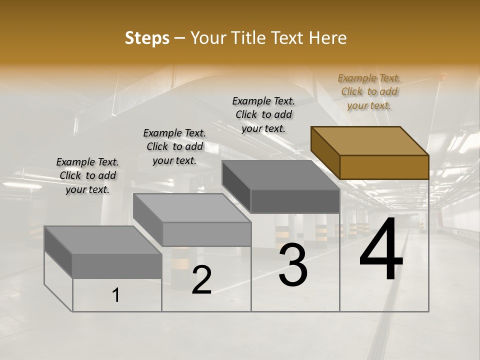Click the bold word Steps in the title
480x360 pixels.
click(x=147, y=38)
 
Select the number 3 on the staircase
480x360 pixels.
click(x=292, y=265)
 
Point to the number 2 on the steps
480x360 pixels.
click(x=201, y=280)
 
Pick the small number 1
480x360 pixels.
click(x=116, y=295)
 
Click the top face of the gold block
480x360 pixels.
click(x=370, y=141)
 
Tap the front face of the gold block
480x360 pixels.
click(x=384, y=167)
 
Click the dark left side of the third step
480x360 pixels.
click(x=236, y=185)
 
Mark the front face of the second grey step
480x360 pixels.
click(x=207, y=234)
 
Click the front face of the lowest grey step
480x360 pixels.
click(x=117, y=266)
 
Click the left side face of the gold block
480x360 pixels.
click(x=325, y=152)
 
